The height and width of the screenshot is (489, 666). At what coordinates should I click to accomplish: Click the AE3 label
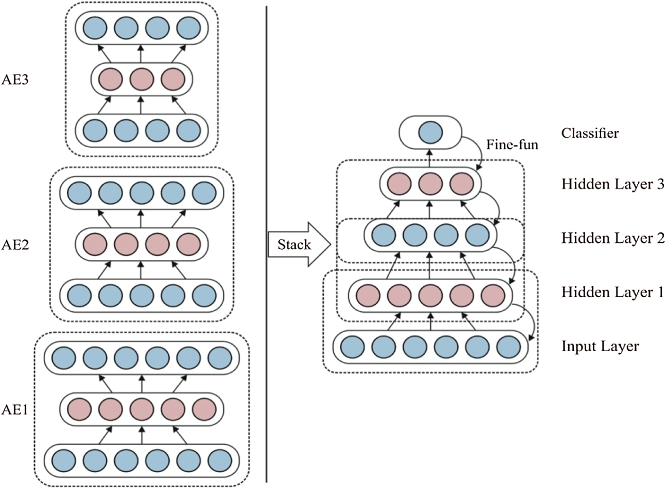[15, 79]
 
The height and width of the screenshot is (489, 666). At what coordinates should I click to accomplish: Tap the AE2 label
[15, 245]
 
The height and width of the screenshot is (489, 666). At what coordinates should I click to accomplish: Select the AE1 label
[15, 410]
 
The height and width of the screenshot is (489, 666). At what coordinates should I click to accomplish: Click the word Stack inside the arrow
[294, 244]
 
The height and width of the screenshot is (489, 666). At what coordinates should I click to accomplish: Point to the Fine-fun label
[512, 144]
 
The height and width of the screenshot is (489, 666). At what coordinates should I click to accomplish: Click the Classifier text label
[590, 133]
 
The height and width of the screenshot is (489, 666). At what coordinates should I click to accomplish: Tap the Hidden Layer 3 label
[613, 184]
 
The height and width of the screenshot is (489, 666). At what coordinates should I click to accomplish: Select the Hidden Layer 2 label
[613, 238]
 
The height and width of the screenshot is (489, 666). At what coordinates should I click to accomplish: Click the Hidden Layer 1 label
[612, 292]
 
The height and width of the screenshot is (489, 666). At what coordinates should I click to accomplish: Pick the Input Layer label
[600, 347]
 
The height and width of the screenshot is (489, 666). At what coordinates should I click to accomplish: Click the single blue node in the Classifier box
[430, 133]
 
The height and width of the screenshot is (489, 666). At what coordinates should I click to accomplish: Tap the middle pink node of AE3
[142, 79]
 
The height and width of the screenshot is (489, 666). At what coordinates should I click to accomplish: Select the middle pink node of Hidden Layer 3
[430, 184]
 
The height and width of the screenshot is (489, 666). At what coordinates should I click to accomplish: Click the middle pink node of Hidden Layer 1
[430, 296]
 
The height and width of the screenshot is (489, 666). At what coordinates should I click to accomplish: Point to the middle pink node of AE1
[142, 410]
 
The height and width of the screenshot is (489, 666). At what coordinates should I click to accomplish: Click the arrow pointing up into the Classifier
[429, 158]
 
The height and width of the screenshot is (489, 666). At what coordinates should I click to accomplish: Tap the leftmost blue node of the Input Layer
[352, 347]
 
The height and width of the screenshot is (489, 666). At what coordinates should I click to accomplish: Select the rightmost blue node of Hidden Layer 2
[477, 235]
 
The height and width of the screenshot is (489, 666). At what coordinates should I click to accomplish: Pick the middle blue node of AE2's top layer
[142, 193]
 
